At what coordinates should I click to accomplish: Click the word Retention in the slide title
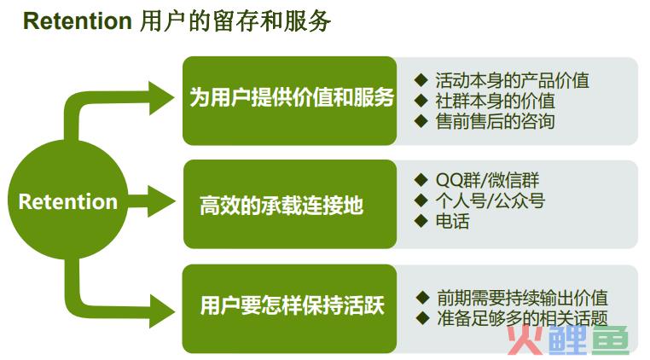tap(78, 20)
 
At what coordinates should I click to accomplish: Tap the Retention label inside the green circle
tap(68, 201)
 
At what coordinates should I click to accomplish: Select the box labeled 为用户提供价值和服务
tap(290, 101)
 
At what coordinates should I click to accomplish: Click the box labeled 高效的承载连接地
tap(290, 204)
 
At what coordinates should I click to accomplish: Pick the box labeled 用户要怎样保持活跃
tap(290, 308)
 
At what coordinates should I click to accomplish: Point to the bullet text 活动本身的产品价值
tap(512, 80)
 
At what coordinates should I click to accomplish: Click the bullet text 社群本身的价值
tap(495, 101)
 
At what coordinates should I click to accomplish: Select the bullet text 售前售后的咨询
tap(495, 121)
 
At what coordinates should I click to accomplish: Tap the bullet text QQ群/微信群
tap(487, 180)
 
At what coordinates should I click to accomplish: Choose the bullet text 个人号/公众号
tap(490, 200)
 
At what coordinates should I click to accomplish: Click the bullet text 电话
tap(452, 221)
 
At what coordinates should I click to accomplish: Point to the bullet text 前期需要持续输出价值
tap(522, 298)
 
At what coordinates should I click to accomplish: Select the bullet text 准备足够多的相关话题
tap(522, 318)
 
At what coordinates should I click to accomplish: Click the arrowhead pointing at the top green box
tap(162, 98)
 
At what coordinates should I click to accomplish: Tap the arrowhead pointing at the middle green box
tap(162, 201)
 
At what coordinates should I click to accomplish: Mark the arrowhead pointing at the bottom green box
tap(162, 311)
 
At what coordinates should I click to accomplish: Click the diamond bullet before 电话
tap(421, 221)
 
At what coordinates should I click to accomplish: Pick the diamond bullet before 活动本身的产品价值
tap(421, 80)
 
